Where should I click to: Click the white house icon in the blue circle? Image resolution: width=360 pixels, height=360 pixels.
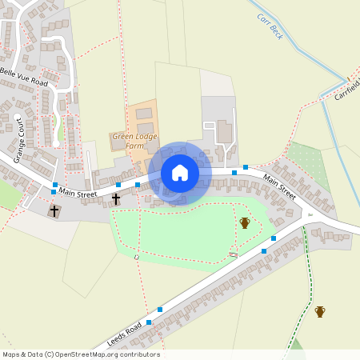coord(180,173)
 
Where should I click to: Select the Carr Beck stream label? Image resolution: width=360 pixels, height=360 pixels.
coord(270,26)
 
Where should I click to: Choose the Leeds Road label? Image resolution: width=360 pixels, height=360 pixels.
coord(123,333)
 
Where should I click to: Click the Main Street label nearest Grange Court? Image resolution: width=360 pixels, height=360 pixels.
coord(77,193)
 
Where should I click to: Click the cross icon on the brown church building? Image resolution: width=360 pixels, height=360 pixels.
coord(54,211)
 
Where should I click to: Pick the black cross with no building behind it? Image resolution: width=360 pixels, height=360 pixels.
coord(116,198)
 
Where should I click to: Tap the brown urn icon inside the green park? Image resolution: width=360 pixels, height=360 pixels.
coord(245,222)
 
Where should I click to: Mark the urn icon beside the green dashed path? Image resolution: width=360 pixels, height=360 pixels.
coord(320,311)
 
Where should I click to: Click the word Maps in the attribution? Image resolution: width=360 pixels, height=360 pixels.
coord(10,354)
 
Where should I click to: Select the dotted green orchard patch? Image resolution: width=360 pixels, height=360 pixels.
coord(307,157)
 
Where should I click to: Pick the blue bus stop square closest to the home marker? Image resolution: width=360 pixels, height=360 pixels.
coord(138,185)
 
